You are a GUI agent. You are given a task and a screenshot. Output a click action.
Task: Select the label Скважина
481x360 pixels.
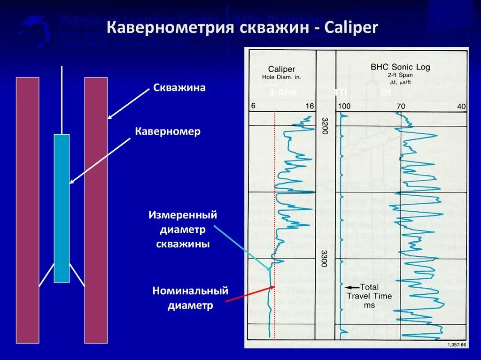pyautogui.click(x=179, y=88)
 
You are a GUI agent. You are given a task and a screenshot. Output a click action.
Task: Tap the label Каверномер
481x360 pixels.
pyautogui.click(x=168, y=131)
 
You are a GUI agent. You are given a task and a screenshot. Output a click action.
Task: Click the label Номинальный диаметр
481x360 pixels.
pyautogui.click(x=190, y=298)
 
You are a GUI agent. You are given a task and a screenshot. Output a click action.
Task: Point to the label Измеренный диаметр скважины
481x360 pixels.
pyautogui.click(x=183, y=230)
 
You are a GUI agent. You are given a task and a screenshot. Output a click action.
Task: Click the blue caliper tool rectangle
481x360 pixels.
pyautogui.click(x=62, y=208)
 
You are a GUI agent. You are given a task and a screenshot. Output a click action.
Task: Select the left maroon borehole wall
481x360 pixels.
pyautogui.click(x=28, y=210)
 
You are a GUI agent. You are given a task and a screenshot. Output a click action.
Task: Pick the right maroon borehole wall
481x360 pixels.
pyautogui.click(x=96, y=210)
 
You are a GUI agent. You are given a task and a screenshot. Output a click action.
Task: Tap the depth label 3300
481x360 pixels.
pyautogui.click(x=324, y=259)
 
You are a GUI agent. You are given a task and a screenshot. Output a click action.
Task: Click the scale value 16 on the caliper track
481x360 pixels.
pyautogui.click(x=309, y=106)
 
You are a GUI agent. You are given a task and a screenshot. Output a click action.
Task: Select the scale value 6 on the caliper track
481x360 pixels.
pyautogui.click(x=253, y=106)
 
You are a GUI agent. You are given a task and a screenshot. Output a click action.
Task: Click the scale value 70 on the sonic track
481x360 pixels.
pyautogui.click(x=400, y=107)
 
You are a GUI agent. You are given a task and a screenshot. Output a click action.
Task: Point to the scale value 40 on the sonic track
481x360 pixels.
pyautogui.click(x=461, y=107)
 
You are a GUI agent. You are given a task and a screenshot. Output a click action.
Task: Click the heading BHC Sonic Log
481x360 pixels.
pyautogui.click(x=400, y=67)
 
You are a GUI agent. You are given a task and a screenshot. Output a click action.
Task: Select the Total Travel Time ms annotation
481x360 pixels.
pyautogui.click(x=369, y=295)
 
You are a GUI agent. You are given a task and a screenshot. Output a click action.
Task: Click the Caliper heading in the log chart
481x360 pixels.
pyautogui.click(x=281, y=69)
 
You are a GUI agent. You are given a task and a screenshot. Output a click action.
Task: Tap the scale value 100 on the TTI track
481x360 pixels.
pyautogui.click(x=344, y=107)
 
